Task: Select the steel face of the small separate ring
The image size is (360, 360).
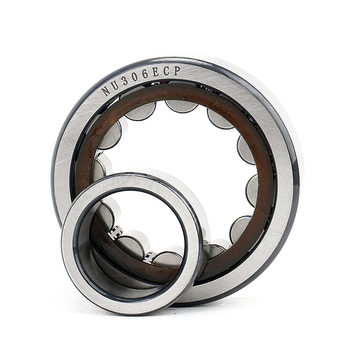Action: pos(72,252)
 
